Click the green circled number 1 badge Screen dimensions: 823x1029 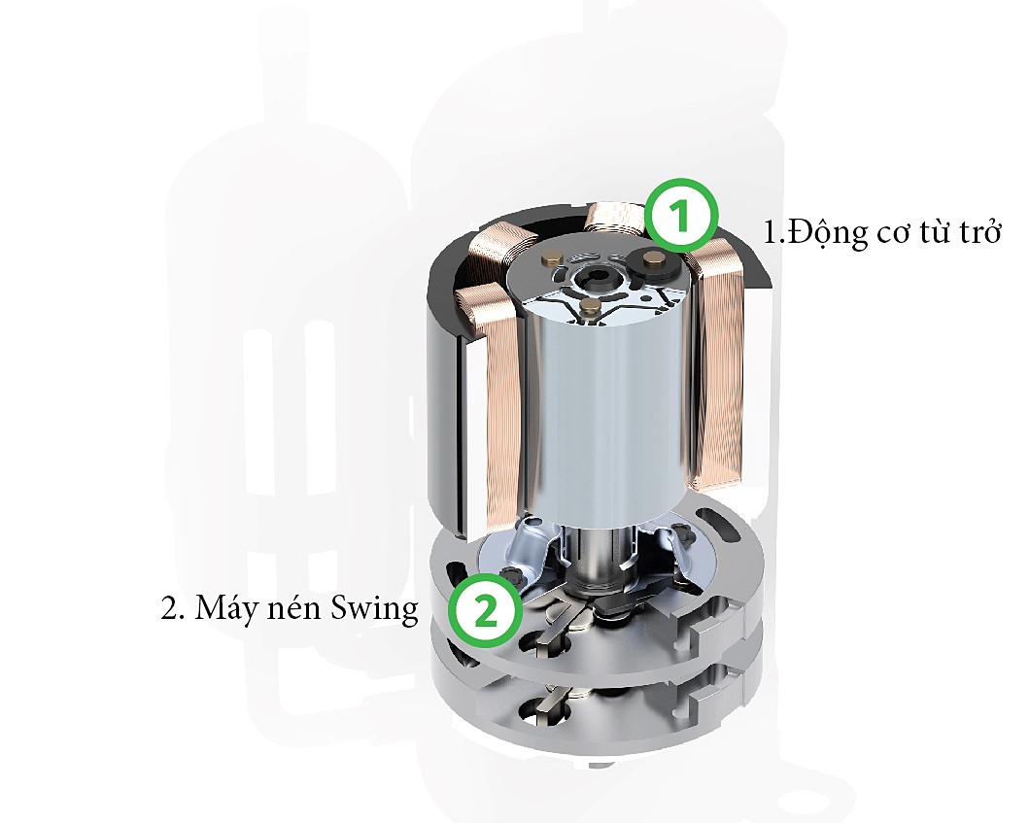[682, 217]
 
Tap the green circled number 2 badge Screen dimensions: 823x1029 [485, 610]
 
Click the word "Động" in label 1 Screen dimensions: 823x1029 [826, 234]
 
